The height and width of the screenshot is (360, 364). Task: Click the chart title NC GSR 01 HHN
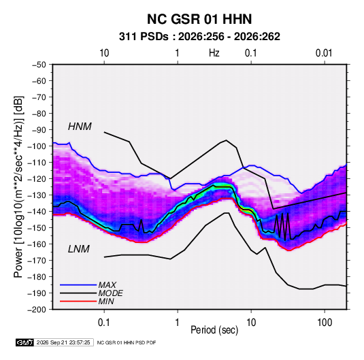[x=199, y=19]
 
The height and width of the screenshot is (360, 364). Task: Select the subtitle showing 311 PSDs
[x=199, y=37]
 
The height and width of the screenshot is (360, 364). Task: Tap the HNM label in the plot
[x=80, y=127]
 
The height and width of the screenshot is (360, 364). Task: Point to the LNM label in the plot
[x=79, y=249]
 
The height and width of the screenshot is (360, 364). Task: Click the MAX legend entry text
[x=107, y=285]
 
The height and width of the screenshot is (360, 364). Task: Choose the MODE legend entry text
[x=110, y=293]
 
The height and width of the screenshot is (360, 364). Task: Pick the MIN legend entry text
[x=106, y=301]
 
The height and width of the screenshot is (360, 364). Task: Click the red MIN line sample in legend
[x=78, y=301]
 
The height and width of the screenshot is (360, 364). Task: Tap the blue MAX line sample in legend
[x=78, y=285]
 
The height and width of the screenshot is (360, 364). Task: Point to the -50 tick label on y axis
[x=39, y=65]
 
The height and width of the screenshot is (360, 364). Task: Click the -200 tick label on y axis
[x=37, y=310]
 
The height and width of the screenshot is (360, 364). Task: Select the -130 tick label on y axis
[x=37, y=195]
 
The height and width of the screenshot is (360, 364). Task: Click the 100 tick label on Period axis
[x=325, y=323]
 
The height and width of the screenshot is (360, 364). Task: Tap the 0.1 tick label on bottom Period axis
[x=104, y=323]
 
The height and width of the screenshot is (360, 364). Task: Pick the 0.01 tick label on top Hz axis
[x=324, y=53]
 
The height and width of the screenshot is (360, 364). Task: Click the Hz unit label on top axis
[x=214, y=53]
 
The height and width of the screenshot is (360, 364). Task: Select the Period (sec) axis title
[x=214, y=330]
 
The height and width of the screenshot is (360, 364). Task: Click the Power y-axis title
[x=18, y=186]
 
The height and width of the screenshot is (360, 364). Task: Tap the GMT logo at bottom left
[x=25, y=342]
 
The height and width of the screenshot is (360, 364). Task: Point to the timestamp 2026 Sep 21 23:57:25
[x=63, y=342]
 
